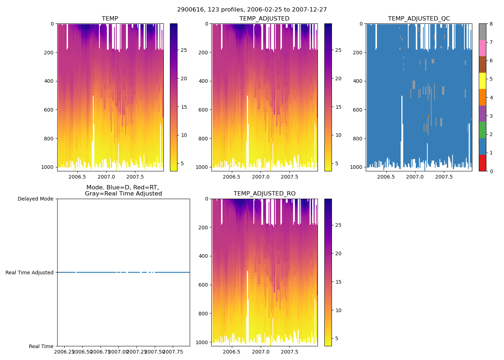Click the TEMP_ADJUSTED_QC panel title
(419, 19)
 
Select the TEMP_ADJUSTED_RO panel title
(265, 194)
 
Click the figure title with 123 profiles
(252, 10)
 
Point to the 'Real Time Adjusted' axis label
(30, 273)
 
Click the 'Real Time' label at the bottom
(41, 346)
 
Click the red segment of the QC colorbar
(482, 163)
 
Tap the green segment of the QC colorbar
(482, 130)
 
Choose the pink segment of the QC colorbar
(482, 48)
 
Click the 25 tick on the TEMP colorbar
(184, 50)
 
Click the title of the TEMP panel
(110, 19)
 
